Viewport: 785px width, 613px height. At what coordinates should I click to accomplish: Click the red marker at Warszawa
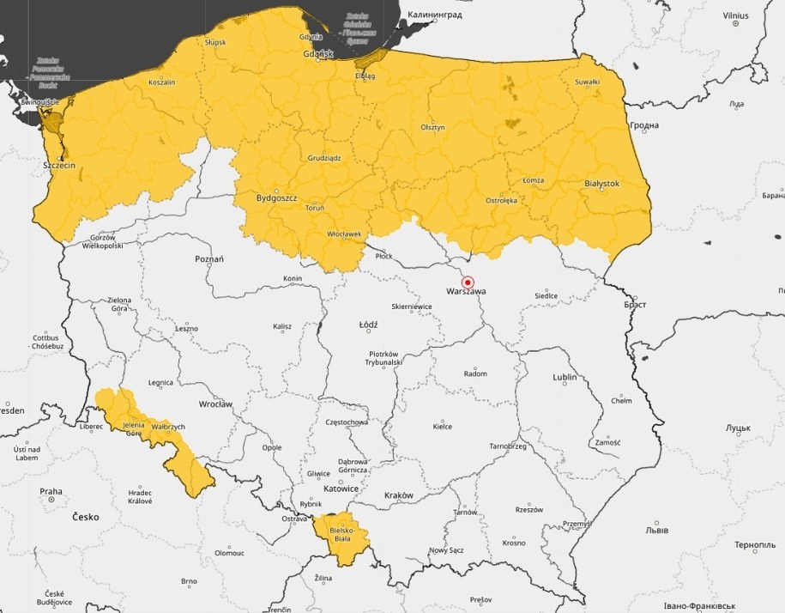click(x=468, y=281)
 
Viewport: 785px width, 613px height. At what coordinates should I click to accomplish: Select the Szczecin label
click(x=59, y=164)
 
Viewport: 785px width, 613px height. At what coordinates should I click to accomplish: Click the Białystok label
click(x=601, y=184)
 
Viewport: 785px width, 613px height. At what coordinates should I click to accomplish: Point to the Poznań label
click(x=209, y=258)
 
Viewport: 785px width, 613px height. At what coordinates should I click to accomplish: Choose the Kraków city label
click(x=399, y=495)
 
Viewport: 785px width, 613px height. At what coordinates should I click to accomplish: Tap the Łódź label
click(x=368, y=325)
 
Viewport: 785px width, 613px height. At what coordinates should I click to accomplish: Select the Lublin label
click(x=565, y=377)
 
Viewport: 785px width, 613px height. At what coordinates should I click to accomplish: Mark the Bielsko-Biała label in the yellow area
click(x=341, y=531)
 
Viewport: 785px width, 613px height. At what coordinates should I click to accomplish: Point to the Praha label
click(x=51, y=492)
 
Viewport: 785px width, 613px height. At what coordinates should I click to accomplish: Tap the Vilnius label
click(x=735, y=15)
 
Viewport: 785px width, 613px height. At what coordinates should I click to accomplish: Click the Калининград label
click(x=434, y=15)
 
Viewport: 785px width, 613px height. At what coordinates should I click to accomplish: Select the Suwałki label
click(x=587, y=82)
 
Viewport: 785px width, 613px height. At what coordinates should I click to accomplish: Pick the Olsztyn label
click(x=432, y=127)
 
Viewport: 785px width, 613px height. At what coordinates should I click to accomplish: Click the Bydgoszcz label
click(x=276, y=197)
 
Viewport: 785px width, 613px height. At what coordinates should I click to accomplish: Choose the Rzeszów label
click(x=529, y=509)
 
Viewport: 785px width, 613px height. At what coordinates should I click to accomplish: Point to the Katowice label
click(x=341, y=489)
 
